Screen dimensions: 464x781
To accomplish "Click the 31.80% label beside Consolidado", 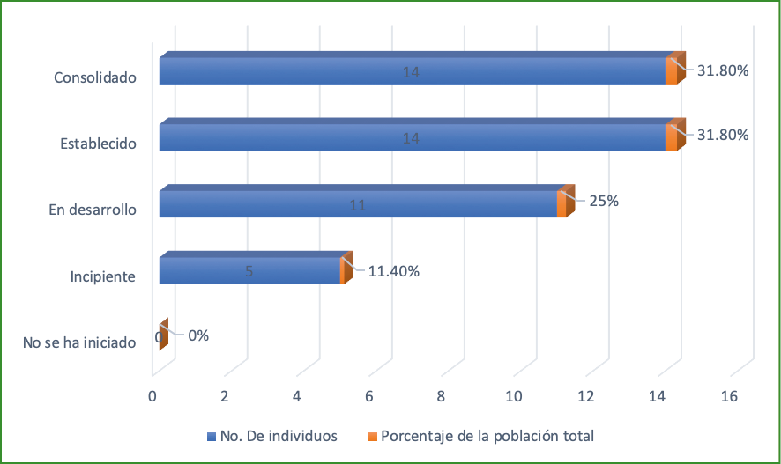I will click(x=723, y=70).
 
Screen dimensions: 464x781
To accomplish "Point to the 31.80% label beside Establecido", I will click(x=723, y=136).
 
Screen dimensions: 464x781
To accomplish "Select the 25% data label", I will click(x=604, y=201).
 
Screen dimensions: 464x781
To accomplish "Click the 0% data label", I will click(x=197, y=335).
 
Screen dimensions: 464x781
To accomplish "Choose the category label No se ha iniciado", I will click(x=79, y=343).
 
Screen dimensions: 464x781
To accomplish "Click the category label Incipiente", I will click(x=102, y=277).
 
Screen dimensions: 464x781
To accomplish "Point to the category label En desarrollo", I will click(x=92, y=210).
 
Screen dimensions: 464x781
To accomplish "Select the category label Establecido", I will click(x=97, y=143).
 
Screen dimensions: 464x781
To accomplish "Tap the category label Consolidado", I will click(x=94, y=77).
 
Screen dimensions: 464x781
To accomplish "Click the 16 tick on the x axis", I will click(x=729, y=397).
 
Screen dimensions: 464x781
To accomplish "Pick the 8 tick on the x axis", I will click(x=441, y=397).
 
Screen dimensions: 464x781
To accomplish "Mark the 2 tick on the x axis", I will click(x=225, y=397).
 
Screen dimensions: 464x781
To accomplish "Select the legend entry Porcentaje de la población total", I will click(x=480, y=436).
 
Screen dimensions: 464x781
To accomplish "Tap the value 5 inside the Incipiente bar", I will click(x=249, y=271).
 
